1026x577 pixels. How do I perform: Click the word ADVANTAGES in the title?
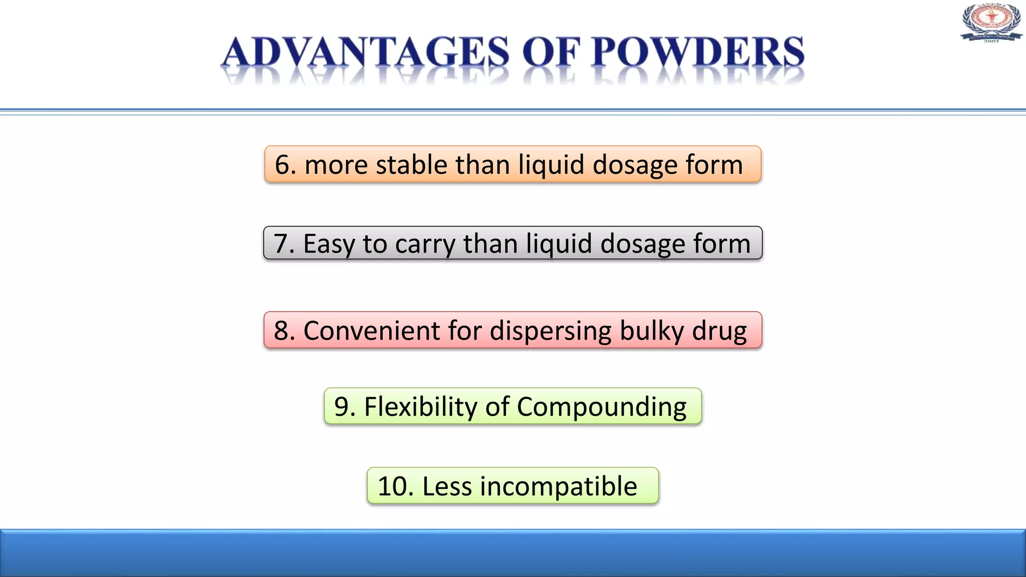point(365,53)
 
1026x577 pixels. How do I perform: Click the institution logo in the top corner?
point(991,22)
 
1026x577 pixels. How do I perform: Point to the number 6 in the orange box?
point(283,165)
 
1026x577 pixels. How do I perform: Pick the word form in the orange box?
point(714,165)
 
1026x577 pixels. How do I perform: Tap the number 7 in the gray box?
point(282,244)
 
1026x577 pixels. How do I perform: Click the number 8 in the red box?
point(282,331)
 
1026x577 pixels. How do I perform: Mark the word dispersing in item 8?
point(551,331)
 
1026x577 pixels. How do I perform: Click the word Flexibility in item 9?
point(420,406)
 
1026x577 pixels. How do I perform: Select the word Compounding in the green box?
point(601,407)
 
